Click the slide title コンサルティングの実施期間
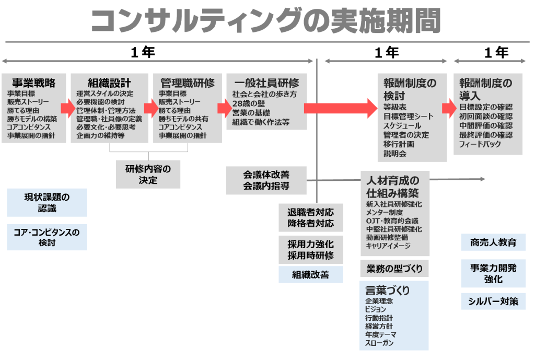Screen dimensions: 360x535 coord(265,22)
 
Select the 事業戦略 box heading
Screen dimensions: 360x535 coord(34,83)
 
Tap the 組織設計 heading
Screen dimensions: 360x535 coord(109,83)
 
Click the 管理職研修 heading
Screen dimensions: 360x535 coord(187,83)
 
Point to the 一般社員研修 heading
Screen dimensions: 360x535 coord(266,83)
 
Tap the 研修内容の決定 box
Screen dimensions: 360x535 coord(148,174)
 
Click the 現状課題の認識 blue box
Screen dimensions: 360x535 coord(47,203)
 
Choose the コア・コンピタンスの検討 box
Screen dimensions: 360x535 coord(47,237)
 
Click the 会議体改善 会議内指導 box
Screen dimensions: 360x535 coord(266,180)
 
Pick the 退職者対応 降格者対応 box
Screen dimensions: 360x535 coord(310,218)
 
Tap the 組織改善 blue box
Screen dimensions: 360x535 coord(310,274)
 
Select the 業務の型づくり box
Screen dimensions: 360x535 coord(394,269)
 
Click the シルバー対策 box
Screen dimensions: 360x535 coord(493,301)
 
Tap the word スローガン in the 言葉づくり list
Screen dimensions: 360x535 coord(379,343)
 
